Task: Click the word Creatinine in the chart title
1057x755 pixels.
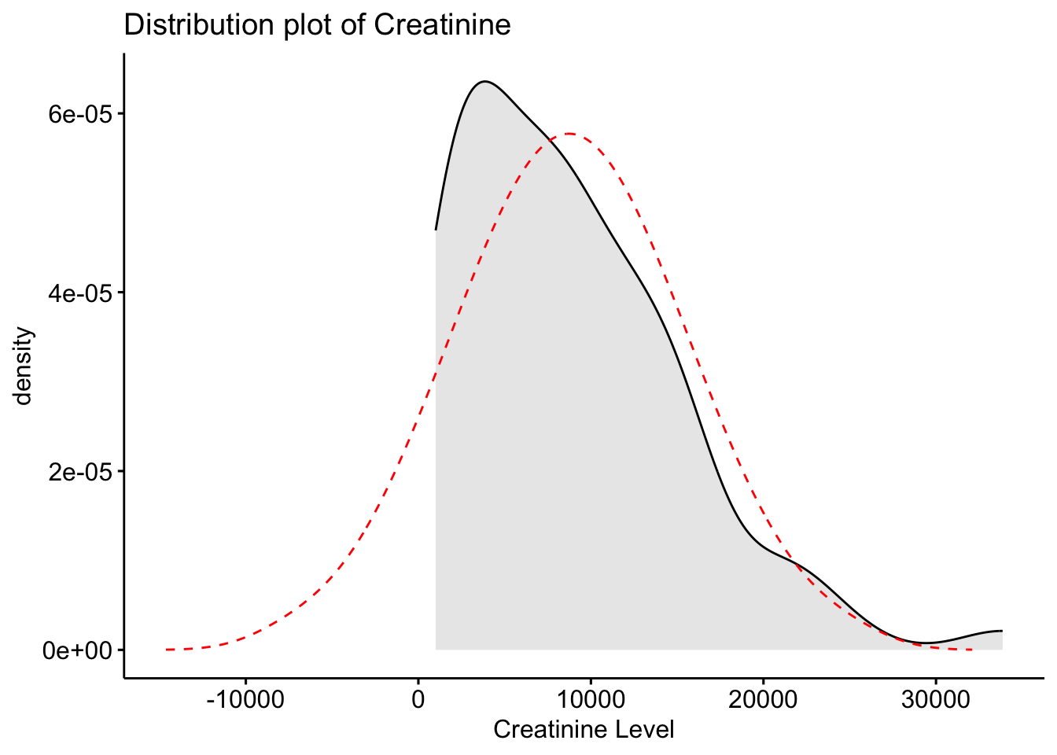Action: (442, 25)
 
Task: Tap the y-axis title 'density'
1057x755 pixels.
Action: (24, 366)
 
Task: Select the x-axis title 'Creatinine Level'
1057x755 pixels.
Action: (584, 730)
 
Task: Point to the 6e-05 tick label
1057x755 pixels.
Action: (76, 114)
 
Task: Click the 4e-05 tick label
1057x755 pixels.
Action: (76, 293)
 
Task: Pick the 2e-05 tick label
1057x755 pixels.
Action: (76, 472)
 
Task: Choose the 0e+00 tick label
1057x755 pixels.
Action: (76, 650)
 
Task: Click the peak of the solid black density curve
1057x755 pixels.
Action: (485, 81)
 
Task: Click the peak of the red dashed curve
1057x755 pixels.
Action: (569, 134)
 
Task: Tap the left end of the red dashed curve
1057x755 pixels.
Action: (167, 650)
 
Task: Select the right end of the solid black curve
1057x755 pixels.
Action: (1001, 631)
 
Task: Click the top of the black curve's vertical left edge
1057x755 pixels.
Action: (436, 230)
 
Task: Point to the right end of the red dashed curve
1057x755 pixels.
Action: (972, 650)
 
